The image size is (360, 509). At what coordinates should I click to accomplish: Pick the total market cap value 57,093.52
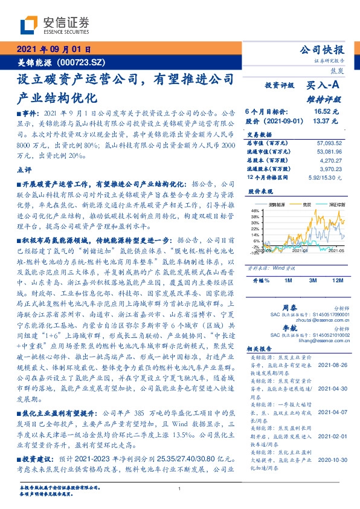click(x=325, y=143)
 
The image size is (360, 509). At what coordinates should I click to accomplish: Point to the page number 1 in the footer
click(x=180, y=490)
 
